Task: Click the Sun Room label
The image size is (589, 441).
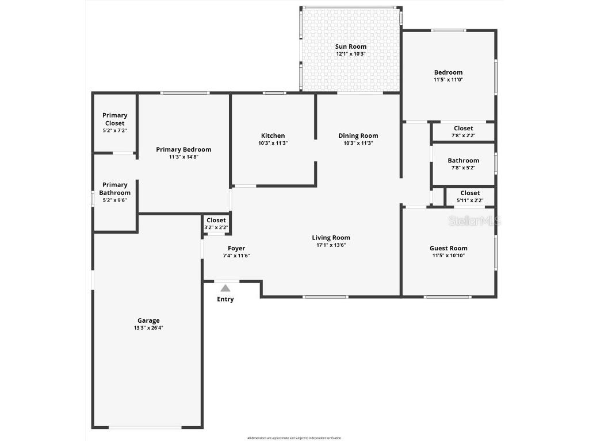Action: point(350,47)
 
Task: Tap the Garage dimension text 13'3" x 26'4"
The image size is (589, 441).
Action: point(148,328)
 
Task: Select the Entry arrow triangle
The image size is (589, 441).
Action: point(225,288)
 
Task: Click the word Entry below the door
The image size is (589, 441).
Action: point(225,299)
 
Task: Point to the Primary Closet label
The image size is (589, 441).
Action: point(115,119)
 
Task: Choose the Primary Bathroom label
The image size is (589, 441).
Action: point(115,188)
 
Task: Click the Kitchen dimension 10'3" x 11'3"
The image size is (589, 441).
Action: point(273,143)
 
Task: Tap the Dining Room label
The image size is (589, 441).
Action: point(358,136)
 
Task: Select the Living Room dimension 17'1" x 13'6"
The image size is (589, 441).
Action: point(331,245)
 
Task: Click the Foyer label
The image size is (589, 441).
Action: point(236,248)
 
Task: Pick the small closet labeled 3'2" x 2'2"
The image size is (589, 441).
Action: point(216,224)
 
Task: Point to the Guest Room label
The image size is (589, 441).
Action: point(449,248)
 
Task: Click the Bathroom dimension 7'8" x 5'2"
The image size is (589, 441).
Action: point(463,168)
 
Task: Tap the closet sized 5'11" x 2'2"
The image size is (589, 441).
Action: point(470,197)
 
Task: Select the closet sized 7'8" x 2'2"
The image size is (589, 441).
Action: point(463,132)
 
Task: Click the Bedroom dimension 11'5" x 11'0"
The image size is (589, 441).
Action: point(448,80)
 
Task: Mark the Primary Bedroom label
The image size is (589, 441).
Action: point(183,149)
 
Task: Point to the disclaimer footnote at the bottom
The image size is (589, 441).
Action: point(294,438)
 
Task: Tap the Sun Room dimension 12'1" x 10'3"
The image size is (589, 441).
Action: point(350,54)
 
